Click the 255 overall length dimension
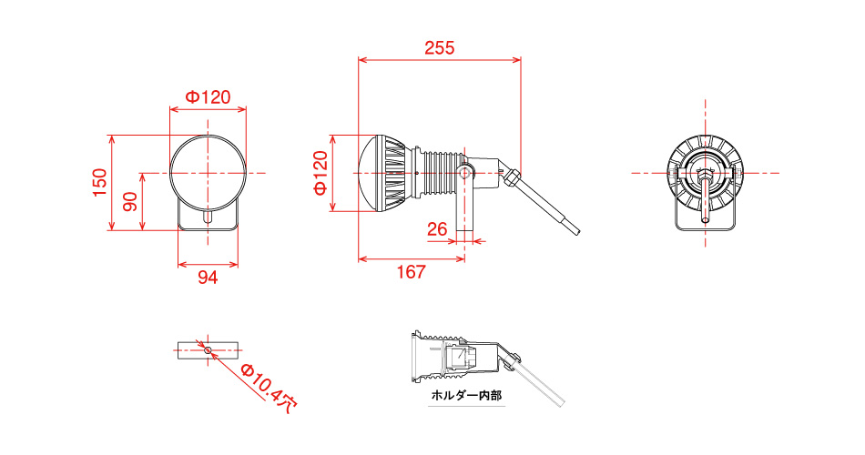(439, 47)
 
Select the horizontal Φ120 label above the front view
(208, 96)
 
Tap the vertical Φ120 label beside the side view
(321, 173)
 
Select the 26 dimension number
(436, 229)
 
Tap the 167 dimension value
(412, 272)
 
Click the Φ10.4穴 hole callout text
(270, 388)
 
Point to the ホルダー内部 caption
(466, 396)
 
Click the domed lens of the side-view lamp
(367, 173)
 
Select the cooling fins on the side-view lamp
(393, 173)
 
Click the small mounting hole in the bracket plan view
(209, 349)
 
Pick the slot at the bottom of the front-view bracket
(209, 217)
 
